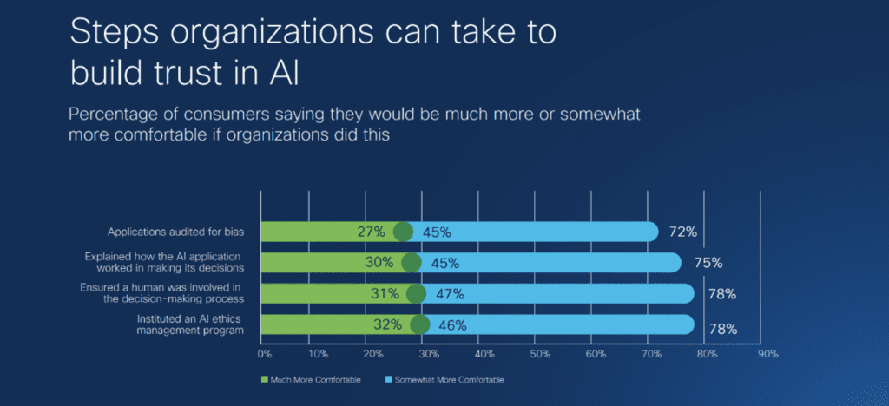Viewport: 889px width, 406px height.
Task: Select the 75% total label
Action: click(x=708, y=263)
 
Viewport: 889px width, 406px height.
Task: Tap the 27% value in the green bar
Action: click(x=371, y=232)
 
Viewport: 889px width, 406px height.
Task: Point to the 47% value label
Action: click(x=450, y=294)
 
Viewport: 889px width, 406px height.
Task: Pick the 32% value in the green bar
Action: click(x=387, y=325)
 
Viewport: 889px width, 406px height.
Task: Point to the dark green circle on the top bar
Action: click(x=403, y=232)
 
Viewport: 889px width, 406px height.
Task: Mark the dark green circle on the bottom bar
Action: click(x=420, y=325)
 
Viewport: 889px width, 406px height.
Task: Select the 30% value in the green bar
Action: click(x=379, y=263)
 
